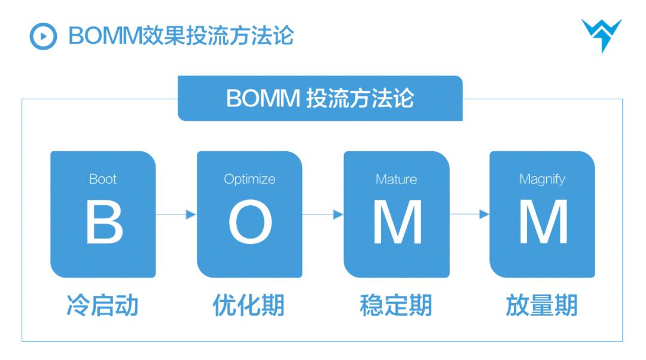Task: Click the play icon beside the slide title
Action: coord(43,36)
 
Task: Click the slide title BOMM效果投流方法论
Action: coord(181,36)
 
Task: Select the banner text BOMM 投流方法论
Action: coord(320,98)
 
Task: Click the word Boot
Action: coord(103,179)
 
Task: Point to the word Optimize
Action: coord(249,179)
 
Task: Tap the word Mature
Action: coord(396,179)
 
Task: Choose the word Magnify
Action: coord(542,179)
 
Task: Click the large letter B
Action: coord(103,222)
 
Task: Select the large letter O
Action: coord(250,222)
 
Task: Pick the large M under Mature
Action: coord(397,222)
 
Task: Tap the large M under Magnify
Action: coord(543,222)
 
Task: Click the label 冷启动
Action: coord(102,305)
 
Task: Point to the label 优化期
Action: coord(249,305)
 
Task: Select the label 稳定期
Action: coord(395,305)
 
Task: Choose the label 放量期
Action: coord(541,305)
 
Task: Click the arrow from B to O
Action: coord(176,214)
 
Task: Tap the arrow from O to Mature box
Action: coord(323,214)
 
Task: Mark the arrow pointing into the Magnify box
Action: coord(470,214)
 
